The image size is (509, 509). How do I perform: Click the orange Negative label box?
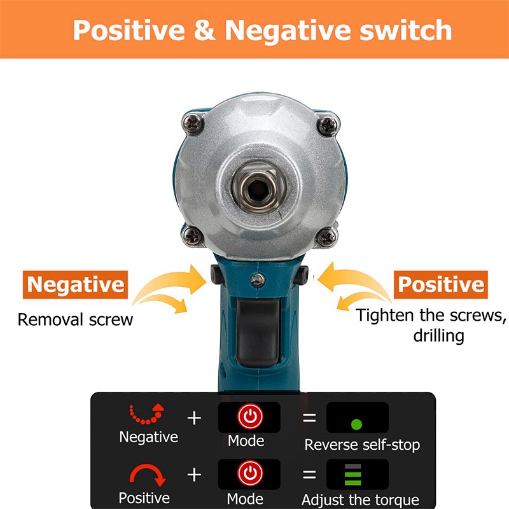tap(75, 284)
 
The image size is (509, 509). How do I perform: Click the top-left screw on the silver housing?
tap(192, 123)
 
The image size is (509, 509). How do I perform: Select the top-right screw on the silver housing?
tap(327, 124)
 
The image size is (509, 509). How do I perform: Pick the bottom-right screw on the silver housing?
tap(327, 238)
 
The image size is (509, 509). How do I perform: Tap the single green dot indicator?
tap(356, 424)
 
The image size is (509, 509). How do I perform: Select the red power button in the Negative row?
tap(249, 417)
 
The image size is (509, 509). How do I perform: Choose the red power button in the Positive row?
tap(249, 474)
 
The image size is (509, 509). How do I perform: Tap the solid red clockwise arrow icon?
tap(148, 475)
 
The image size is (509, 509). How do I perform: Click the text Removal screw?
tap(75, 319)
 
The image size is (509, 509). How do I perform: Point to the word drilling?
tap(439, 335)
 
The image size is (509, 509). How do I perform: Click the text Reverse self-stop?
tap(362, 445)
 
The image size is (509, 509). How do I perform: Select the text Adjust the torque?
tap(360, 499)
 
